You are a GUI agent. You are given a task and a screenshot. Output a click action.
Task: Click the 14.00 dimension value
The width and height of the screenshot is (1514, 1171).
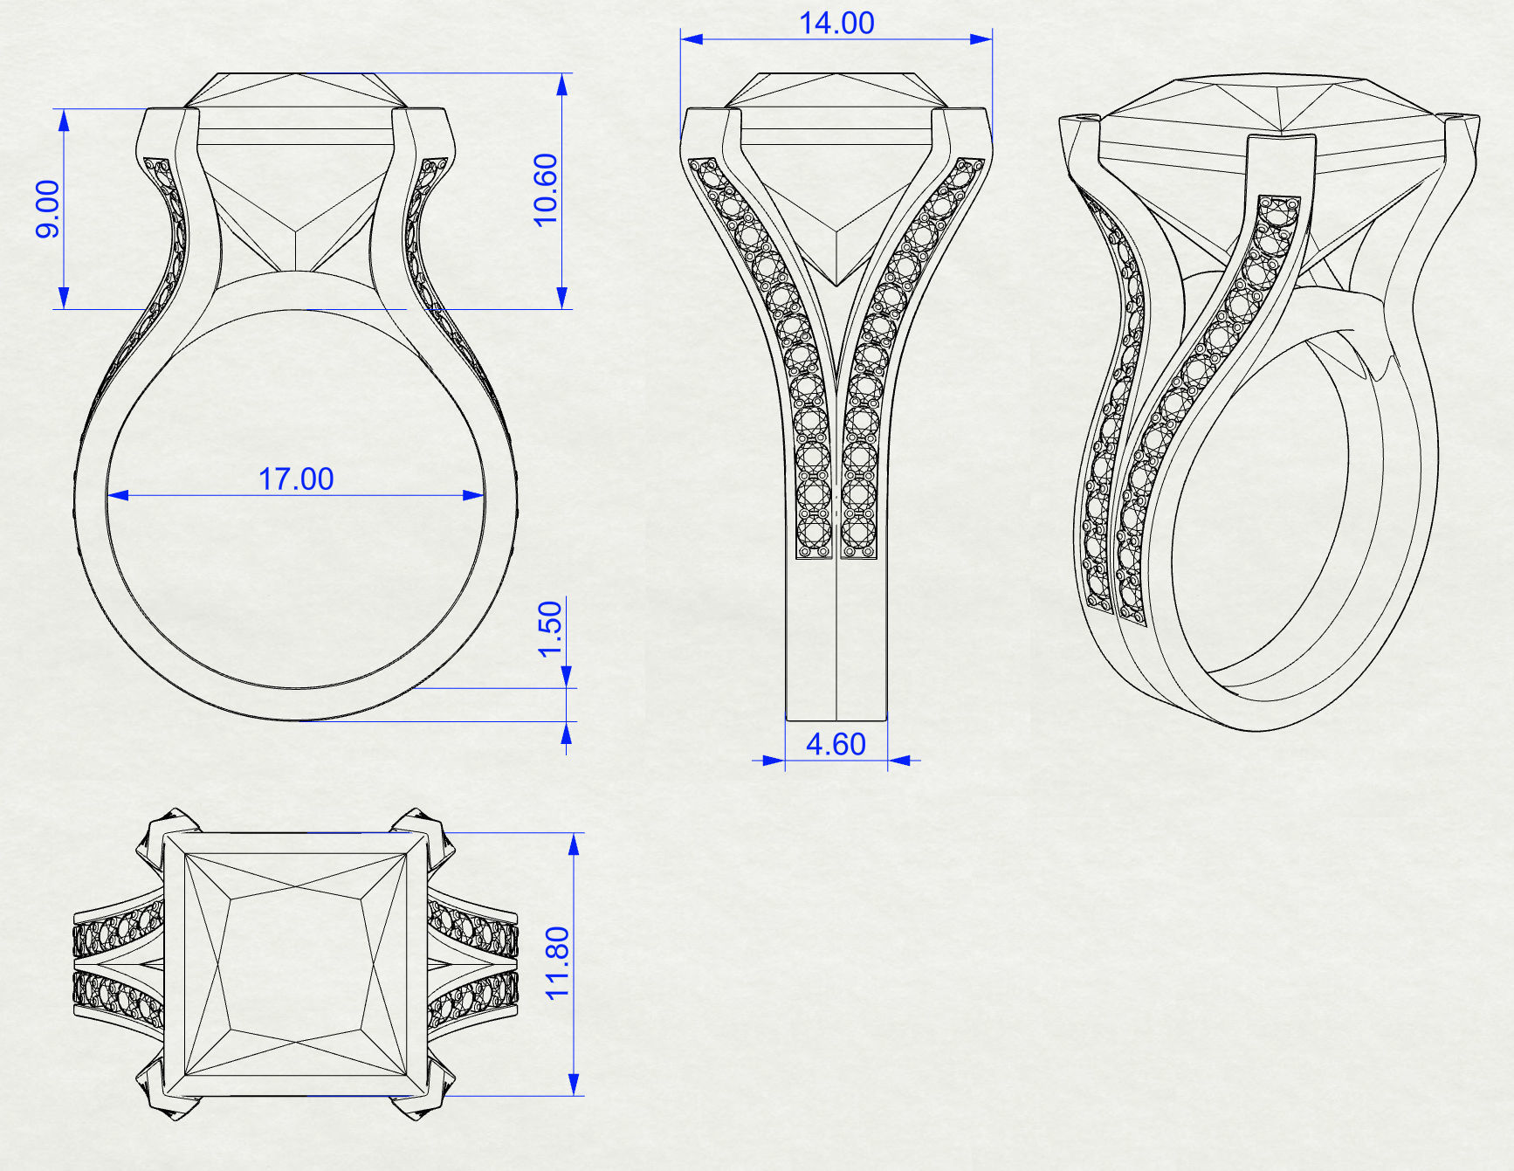[x=836, y=24]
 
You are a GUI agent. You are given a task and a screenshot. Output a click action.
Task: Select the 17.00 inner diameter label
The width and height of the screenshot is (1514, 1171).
[x=296, y=479]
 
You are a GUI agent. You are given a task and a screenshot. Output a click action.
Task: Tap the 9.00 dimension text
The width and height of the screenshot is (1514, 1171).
[x=48, y=209]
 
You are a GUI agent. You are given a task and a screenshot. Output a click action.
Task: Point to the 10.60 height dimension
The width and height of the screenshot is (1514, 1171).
[x=545, y=189]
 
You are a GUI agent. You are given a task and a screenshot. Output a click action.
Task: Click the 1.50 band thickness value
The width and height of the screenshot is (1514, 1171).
[x=549, y=629]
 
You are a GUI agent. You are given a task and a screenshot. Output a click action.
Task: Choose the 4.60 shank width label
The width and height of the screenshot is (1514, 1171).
[x=836, y=745]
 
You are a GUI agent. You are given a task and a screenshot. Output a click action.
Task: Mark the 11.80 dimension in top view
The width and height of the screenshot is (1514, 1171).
[x=557, y=962]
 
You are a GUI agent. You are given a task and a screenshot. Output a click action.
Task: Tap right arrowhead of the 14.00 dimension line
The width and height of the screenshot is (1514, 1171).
[x=981, y=39]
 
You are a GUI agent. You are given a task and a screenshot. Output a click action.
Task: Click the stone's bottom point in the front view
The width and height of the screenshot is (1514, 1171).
[x=836, y=285]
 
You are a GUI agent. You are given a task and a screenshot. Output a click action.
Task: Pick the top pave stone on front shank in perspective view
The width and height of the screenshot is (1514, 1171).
[x=1279, y=212]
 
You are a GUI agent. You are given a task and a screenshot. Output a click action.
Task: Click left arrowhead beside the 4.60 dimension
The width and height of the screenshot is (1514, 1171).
[x=773, y=761]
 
